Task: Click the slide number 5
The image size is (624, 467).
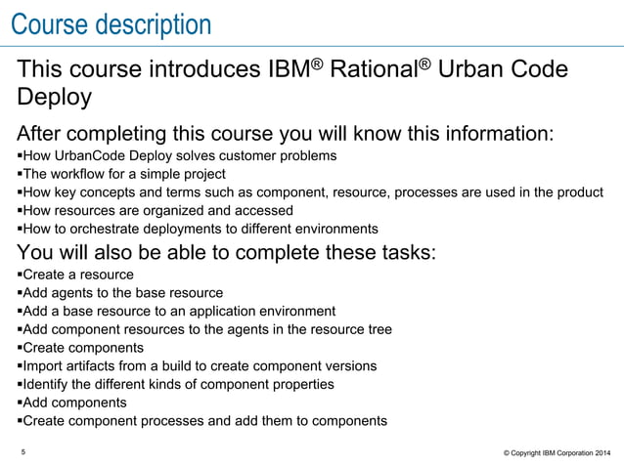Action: (23, 451)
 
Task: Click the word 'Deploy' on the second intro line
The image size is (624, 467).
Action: (56, 98)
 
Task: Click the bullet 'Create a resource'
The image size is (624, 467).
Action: (77, 275)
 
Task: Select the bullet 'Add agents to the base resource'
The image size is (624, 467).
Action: (121, 293)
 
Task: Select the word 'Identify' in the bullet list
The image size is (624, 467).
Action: (46, 385)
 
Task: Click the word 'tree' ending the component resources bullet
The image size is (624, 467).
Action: (379, 330)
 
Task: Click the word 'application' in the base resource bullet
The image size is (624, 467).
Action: (221, 312)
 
